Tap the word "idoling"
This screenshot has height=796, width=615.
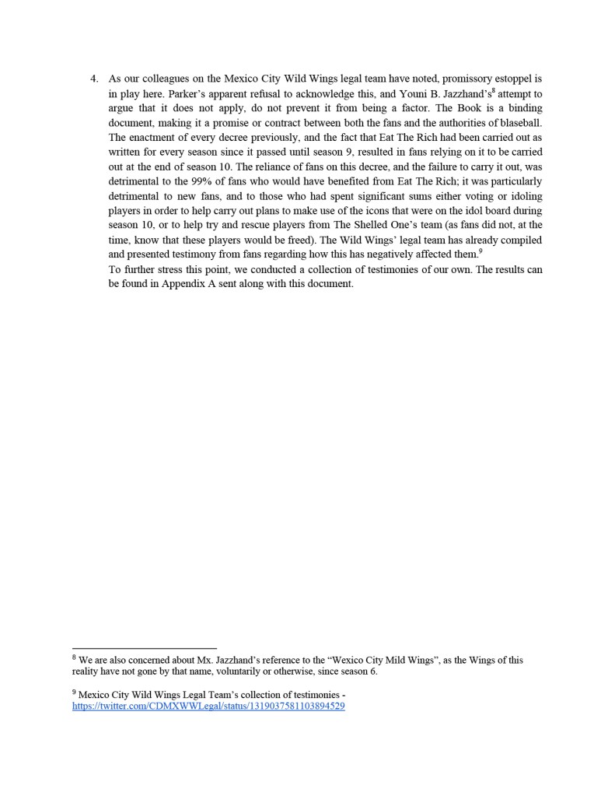click(524, 196)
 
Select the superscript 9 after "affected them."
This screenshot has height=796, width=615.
click(480, 251)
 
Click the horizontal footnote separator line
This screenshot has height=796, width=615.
click(144, 648)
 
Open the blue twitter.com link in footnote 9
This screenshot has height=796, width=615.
click(208, 707)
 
